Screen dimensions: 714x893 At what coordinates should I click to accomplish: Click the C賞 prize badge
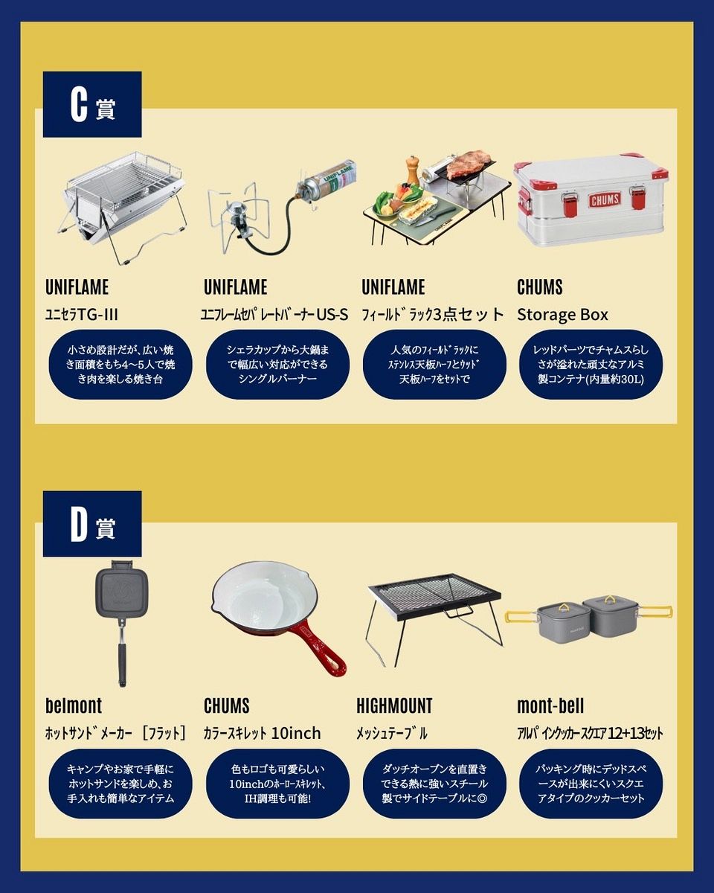click(x=92, y=104)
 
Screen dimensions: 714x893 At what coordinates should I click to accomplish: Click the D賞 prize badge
click(x=92, y=524)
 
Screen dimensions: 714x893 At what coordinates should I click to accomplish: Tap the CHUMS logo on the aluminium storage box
click(x=605, y=200)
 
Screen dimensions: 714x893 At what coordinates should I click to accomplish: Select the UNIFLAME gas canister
click(x=328, y=177)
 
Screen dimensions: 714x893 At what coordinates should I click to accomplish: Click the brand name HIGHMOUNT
click(x=394, y=705)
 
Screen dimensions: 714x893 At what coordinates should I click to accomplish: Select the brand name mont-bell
click(x=550, y=705)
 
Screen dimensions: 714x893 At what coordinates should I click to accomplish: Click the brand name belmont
click(x=74, y=705)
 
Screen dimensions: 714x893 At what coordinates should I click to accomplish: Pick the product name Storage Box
click(x=562, y=315)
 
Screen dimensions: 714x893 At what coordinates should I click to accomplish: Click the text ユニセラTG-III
click(x=81, y=314)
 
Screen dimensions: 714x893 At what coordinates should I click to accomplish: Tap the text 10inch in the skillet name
click(x=296, y=733)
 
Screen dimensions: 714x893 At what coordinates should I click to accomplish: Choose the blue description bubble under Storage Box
click(x=591, y=365)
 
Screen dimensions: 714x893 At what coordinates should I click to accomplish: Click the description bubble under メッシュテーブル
click(x=434, y=784)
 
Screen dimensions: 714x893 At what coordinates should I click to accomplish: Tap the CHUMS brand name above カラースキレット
click(x=227, y=705)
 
